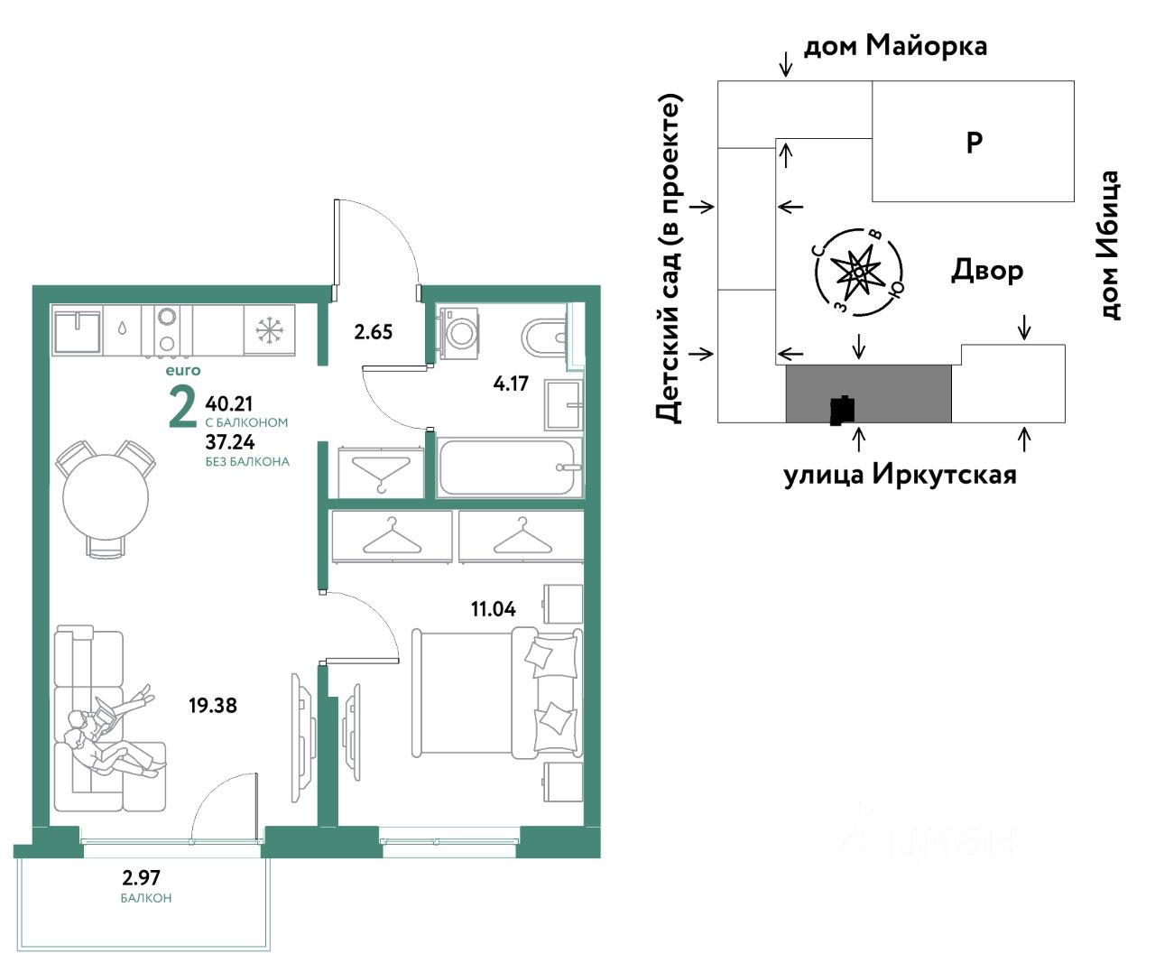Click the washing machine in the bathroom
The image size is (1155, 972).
click(457, 333)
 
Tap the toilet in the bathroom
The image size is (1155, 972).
click(545, 337)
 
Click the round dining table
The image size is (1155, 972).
click(106, 497)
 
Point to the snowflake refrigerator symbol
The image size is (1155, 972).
click(270, 329)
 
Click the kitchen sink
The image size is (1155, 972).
click(78, 330)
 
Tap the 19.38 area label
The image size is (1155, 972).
click(213, 706)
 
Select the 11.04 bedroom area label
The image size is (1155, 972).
click(494, 608)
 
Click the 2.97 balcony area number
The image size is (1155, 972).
click(141, 877)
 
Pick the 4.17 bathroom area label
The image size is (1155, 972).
click(511, 383)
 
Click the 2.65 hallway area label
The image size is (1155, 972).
click(374, 332)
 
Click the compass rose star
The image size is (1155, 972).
click(858, 273)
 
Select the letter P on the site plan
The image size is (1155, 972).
click(975, 143)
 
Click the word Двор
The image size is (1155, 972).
click(987, 271)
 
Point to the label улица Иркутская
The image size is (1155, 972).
click(900, 475)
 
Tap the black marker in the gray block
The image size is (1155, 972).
click(843, 411)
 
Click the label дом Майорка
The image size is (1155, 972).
click(895, 45)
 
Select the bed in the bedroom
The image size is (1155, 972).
click(497, 692)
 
